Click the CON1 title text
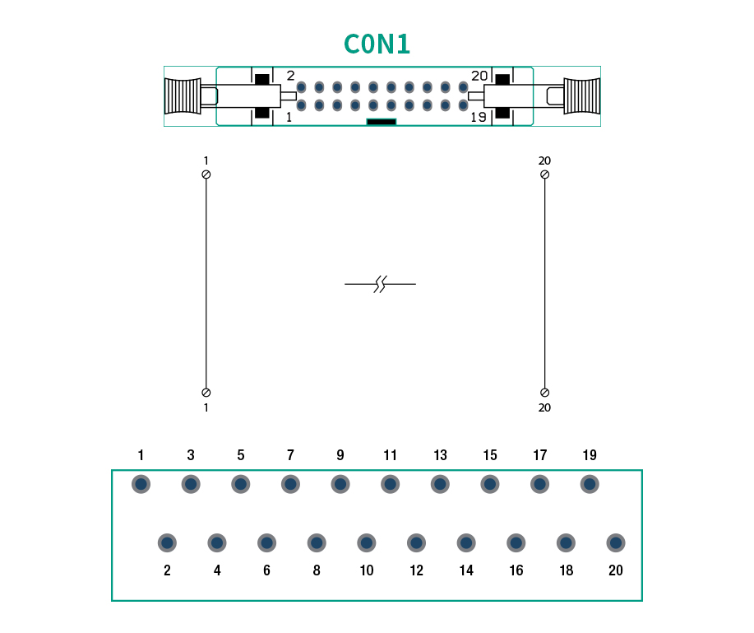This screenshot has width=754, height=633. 377,44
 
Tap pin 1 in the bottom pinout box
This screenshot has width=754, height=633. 141,484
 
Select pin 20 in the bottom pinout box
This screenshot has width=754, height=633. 615,542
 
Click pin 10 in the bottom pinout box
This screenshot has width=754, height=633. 366,542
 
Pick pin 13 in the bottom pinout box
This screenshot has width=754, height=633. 440,484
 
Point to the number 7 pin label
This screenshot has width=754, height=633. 290,455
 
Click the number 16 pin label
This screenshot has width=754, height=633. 516,570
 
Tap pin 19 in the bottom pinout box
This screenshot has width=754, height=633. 590,484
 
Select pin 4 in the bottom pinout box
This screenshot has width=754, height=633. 217,542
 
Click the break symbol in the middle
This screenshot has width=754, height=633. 380,284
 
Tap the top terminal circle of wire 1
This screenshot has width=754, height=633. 206,175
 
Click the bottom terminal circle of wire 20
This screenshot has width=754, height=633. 544,393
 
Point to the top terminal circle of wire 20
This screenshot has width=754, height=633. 544,175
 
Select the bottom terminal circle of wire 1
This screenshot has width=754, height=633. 206,393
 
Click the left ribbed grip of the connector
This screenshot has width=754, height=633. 182,96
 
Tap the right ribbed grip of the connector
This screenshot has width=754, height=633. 582,96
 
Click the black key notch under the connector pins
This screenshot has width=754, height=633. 381,122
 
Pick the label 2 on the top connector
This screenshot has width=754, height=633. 290,76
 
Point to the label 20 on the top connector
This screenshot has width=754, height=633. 479,76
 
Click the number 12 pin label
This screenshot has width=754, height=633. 416,570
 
